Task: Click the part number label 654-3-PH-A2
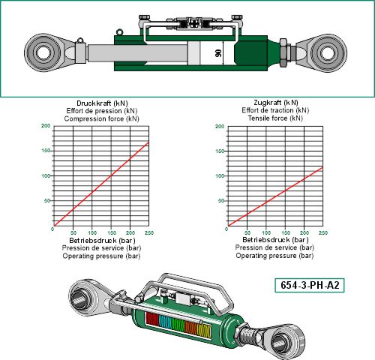310,285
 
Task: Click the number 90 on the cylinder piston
218,53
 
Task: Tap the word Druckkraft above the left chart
94,103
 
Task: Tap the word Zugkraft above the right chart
267,103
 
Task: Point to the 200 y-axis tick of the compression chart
46,126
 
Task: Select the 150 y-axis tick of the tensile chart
220,151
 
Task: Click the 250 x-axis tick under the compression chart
149,232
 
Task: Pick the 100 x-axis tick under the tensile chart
266,232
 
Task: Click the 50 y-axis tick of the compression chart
47,201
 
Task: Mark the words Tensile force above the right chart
268,118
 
